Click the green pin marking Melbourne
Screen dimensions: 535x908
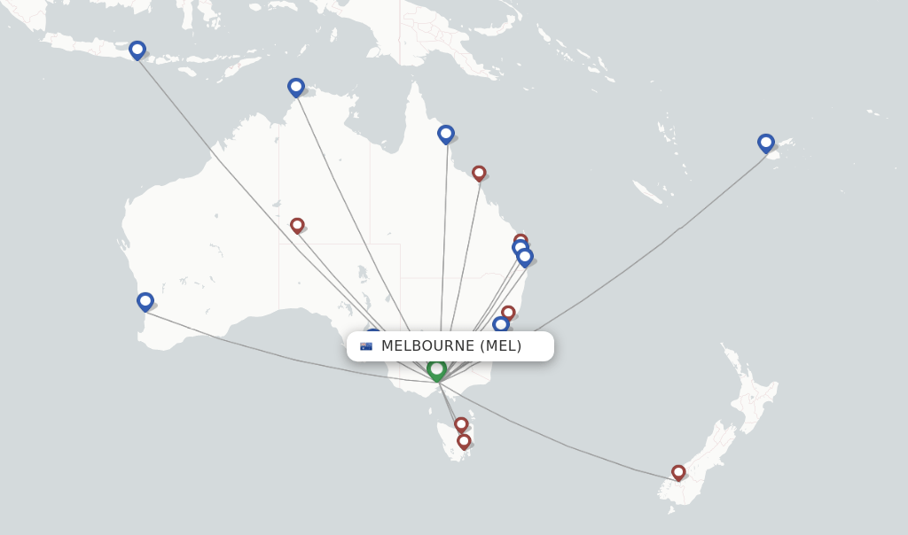(x=436, y=369)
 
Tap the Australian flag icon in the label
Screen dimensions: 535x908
(x=366, y=346)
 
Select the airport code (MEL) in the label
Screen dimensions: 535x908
(x=501, y=346)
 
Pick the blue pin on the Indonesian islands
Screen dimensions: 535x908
(x=137, y=50)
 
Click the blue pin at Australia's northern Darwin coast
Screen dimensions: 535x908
(x=296, y=87)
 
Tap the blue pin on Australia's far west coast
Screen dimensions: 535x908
(x=145, y=301)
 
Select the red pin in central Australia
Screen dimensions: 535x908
(x=297, y=225)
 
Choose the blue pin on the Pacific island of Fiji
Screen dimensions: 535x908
(x=766, y=143)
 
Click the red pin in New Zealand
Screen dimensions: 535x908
(x=678, y=472)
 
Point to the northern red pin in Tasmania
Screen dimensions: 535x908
(x=461, y=424)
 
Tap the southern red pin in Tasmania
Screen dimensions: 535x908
(x=464, y=440)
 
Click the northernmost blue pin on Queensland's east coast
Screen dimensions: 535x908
(x=446, y=134)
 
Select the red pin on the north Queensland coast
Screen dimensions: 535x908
(x=479, y=172)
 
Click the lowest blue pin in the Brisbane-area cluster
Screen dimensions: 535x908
(x=525, y=257)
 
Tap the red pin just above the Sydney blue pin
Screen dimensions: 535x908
(x=508, y=312)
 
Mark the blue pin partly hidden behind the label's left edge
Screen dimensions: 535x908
(x=373, y=333)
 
